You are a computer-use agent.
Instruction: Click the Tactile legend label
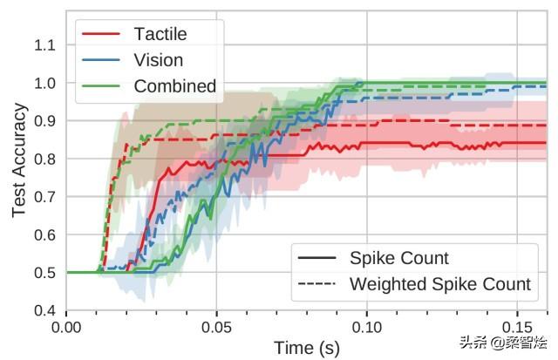160,35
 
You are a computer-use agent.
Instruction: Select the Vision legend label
159,60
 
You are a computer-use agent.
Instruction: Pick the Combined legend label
174,85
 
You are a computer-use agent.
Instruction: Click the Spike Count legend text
398,258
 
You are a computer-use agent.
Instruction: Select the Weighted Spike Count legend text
439,284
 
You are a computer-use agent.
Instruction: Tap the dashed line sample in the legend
317,285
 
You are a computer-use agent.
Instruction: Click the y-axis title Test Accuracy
19,161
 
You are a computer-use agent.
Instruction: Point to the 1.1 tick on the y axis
45,44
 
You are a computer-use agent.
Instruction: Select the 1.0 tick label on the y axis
45,83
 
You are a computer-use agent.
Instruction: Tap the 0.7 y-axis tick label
45,197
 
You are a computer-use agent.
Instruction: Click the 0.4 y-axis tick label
45,311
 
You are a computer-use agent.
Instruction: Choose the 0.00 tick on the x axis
66,328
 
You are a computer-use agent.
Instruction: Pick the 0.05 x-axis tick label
216,328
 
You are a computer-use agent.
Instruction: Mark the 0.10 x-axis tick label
366,328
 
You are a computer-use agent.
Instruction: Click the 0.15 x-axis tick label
516,328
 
